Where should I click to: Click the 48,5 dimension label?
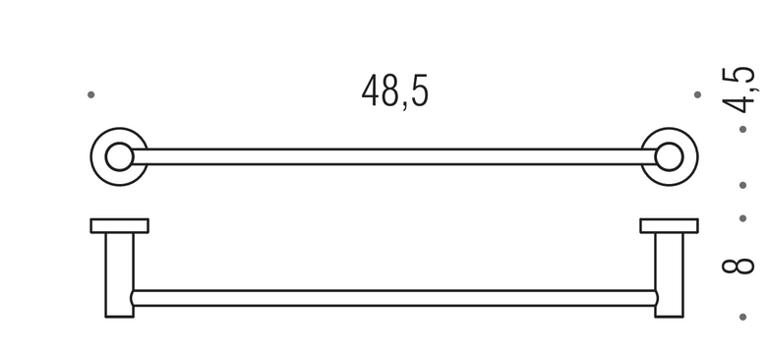pyautogui.click(x=394, y=91)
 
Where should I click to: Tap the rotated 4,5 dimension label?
pyautogui.click(x=741, y=90)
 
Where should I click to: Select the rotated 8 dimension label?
pyautogui.click(x=738, y=266)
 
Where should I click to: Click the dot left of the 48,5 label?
pyautogui.click(x=91, y=94)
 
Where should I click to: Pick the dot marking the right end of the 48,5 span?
pyautogui.click(x=697, y=94)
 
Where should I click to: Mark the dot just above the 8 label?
pyautogui.click(x=743, y=218)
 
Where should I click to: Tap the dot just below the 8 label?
pyautogui.click(x=743, y=317)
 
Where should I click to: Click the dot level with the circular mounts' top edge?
pyautogui.click(x=743, y=129)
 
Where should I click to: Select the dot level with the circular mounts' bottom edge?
pyautogui.click(x=743, y=185)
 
